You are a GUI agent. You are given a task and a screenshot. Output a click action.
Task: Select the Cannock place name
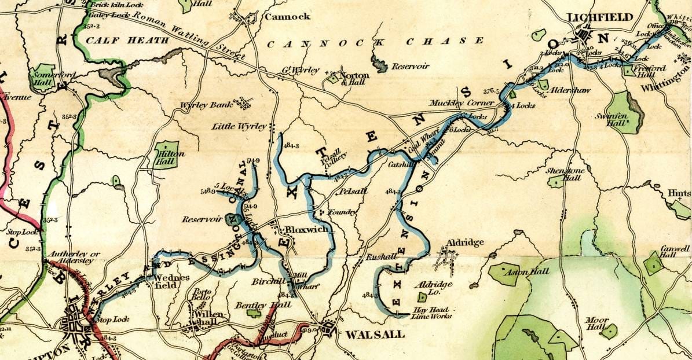click(287, 17)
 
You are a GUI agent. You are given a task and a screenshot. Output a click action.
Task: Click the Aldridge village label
click(464, 243)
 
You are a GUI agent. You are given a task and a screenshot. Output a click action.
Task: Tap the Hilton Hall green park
click(166, 155)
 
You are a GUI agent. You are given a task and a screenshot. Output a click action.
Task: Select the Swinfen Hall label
click(616, 119)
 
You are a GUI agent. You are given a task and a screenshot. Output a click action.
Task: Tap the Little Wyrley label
click(239, 126)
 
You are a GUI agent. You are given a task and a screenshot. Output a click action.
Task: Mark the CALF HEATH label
click(127, 41)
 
